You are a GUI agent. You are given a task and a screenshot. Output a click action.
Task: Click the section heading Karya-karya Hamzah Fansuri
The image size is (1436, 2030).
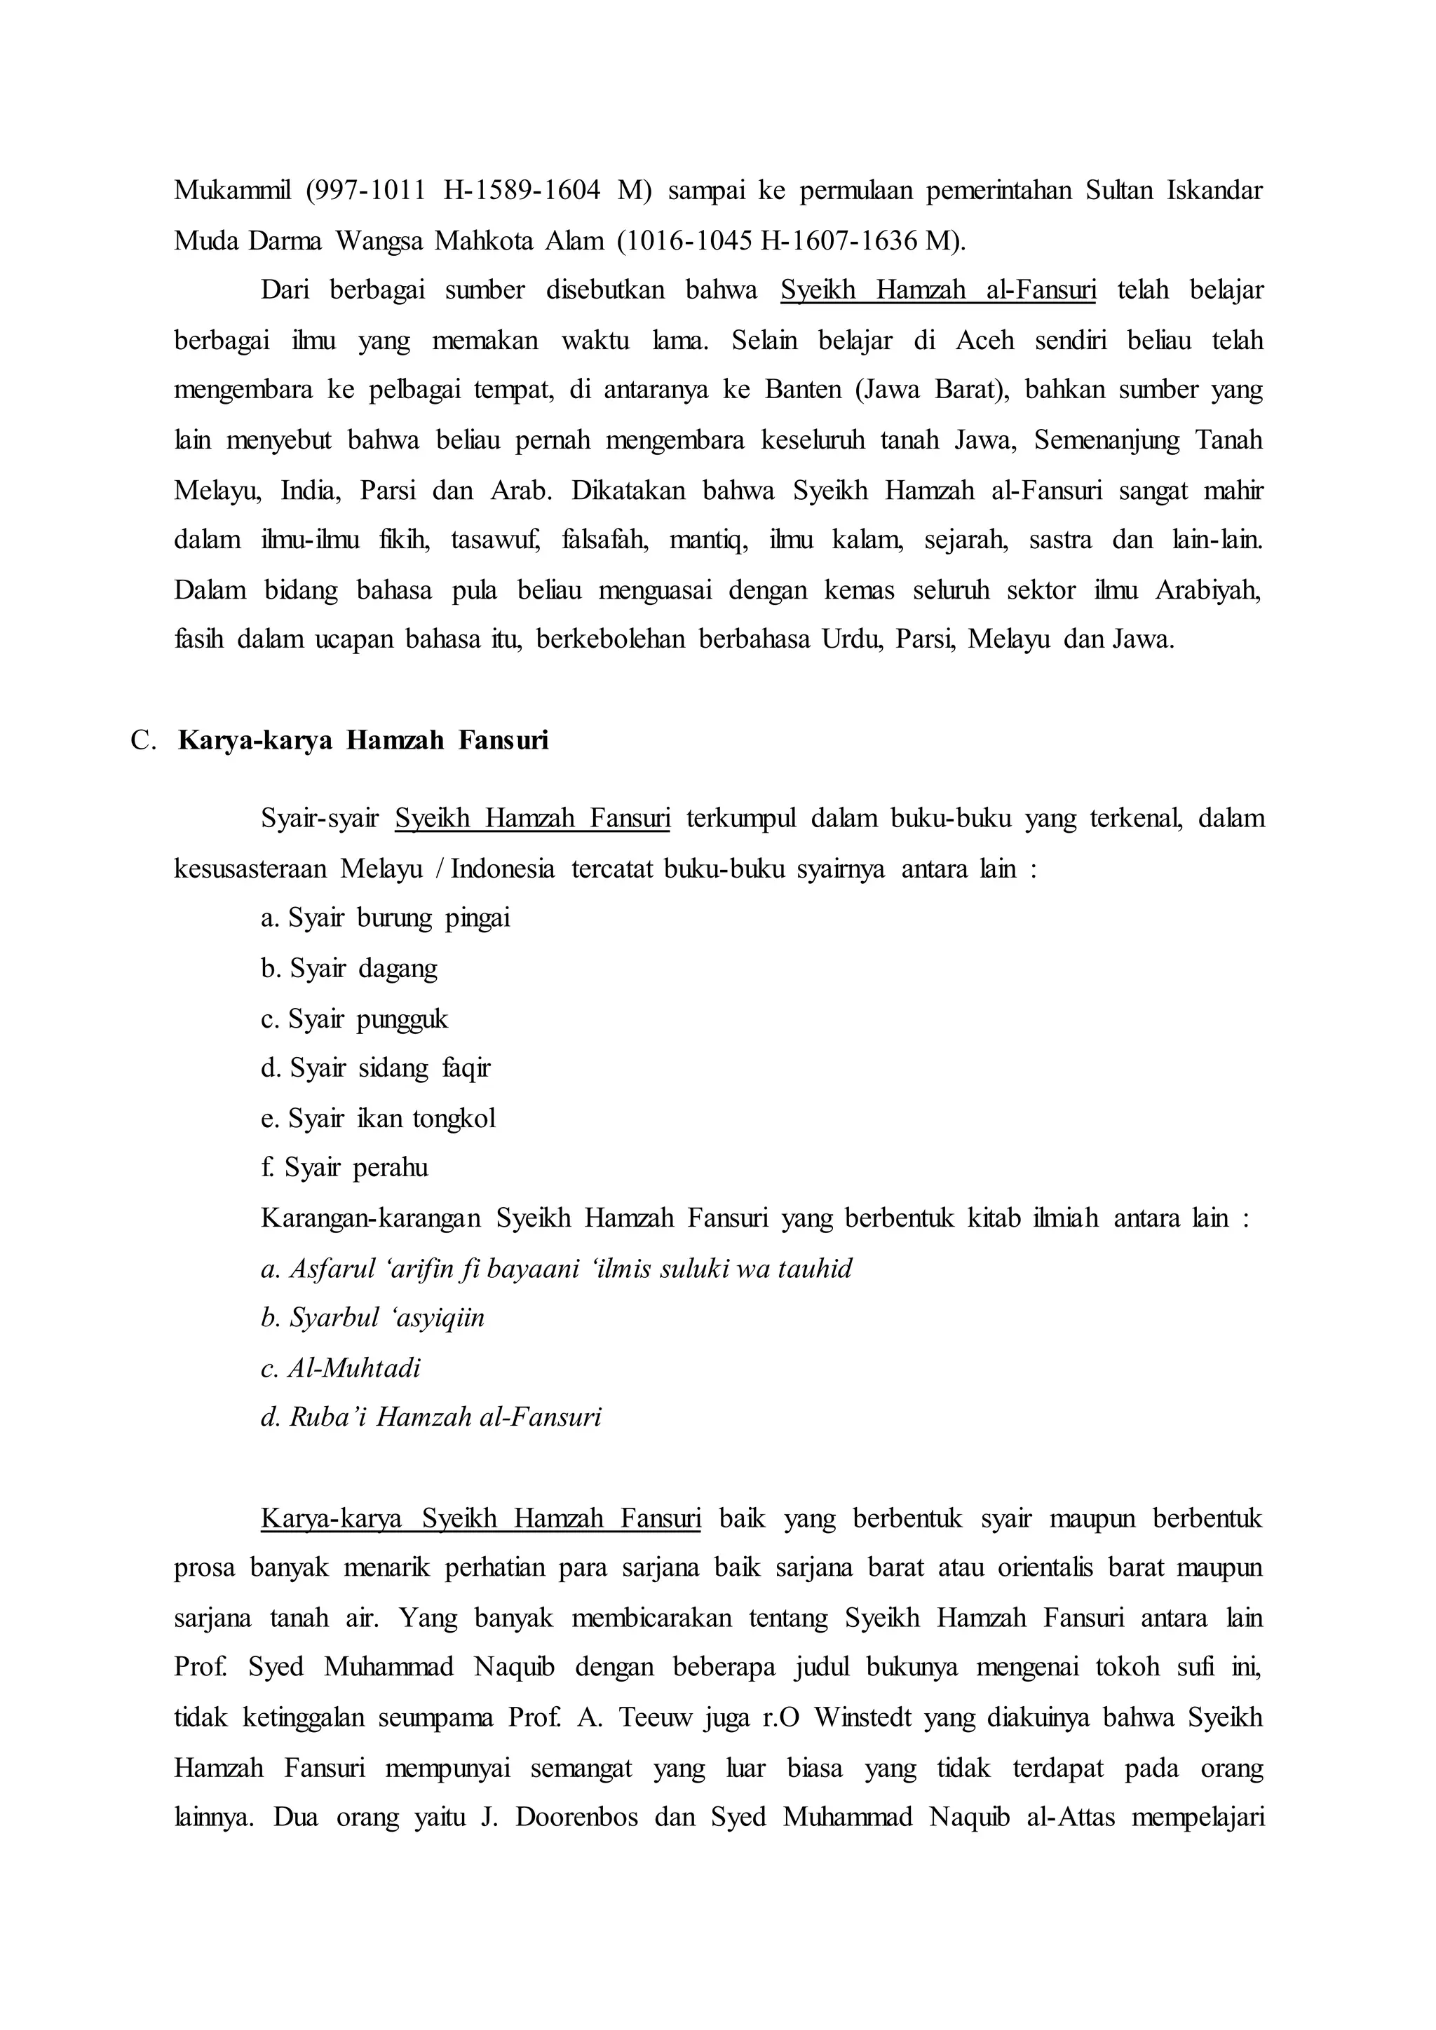[x=363, y=740]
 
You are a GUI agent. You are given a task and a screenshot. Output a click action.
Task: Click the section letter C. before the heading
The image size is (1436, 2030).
[x=143, y=740]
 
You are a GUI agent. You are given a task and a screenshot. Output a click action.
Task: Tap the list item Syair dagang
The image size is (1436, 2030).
[x=349, y=968]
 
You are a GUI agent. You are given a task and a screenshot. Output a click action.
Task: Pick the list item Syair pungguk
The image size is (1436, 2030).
[x=355, y=1019]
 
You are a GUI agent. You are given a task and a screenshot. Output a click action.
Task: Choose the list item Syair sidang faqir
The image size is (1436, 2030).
[x=375, y=1068]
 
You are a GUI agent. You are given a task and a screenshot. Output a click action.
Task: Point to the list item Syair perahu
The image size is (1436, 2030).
[x=345, y=1168]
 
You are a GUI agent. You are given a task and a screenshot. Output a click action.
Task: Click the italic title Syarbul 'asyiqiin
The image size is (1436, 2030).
[x=373, y=1319]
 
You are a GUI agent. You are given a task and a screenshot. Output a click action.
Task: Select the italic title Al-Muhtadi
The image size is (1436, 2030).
[x=341, y=1369]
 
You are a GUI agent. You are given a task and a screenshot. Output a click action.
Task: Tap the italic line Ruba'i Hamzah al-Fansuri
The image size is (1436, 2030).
[x=431, y=1418]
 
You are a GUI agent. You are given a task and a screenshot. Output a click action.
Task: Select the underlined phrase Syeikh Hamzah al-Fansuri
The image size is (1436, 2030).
[x=937, y=290]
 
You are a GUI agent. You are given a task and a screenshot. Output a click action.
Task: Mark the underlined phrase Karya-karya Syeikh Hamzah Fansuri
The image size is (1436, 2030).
[x=480, y=1518]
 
